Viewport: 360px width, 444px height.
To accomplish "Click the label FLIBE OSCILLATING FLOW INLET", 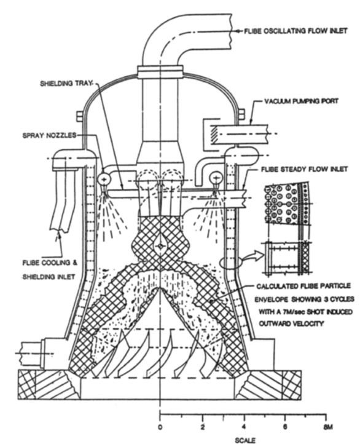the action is [x=295, y=31].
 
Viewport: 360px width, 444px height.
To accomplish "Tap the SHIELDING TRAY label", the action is [x=66, y=84].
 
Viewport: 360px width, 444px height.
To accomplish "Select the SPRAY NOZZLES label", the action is [x=50, y=135].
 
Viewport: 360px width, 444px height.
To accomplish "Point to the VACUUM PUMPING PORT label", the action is [x=301, y=101].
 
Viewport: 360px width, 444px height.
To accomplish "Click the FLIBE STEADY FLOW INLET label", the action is [x=304, y=169].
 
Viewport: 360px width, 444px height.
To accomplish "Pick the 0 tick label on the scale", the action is [x=160, y=427].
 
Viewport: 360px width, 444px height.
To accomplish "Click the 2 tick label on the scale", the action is [x=203, y=427].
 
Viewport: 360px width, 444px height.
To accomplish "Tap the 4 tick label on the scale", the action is [x=244, y=427].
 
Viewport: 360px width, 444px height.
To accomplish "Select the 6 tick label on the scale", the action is [x=285, y=427].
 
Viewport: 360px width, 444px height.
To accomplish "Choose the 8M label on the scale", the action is [x=327, y=427].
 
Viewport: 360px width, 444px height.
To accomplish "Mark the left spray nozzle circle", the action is [x=104, y=179].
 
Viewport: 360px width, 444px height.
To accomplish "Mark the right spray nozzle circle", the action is [x=216, y=178].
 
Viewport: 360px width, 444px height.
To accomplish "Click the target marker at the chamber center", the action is [x=160, y=246].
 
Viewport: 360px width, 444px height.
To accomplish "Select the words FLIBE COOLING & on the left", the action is [x=50, y=263].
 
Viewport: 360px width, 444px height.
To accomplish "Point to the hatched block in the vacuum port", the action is [x=214, y=135].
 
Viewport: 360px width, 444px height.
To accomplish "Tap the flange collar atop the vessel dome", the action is [x=160, y=71].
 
